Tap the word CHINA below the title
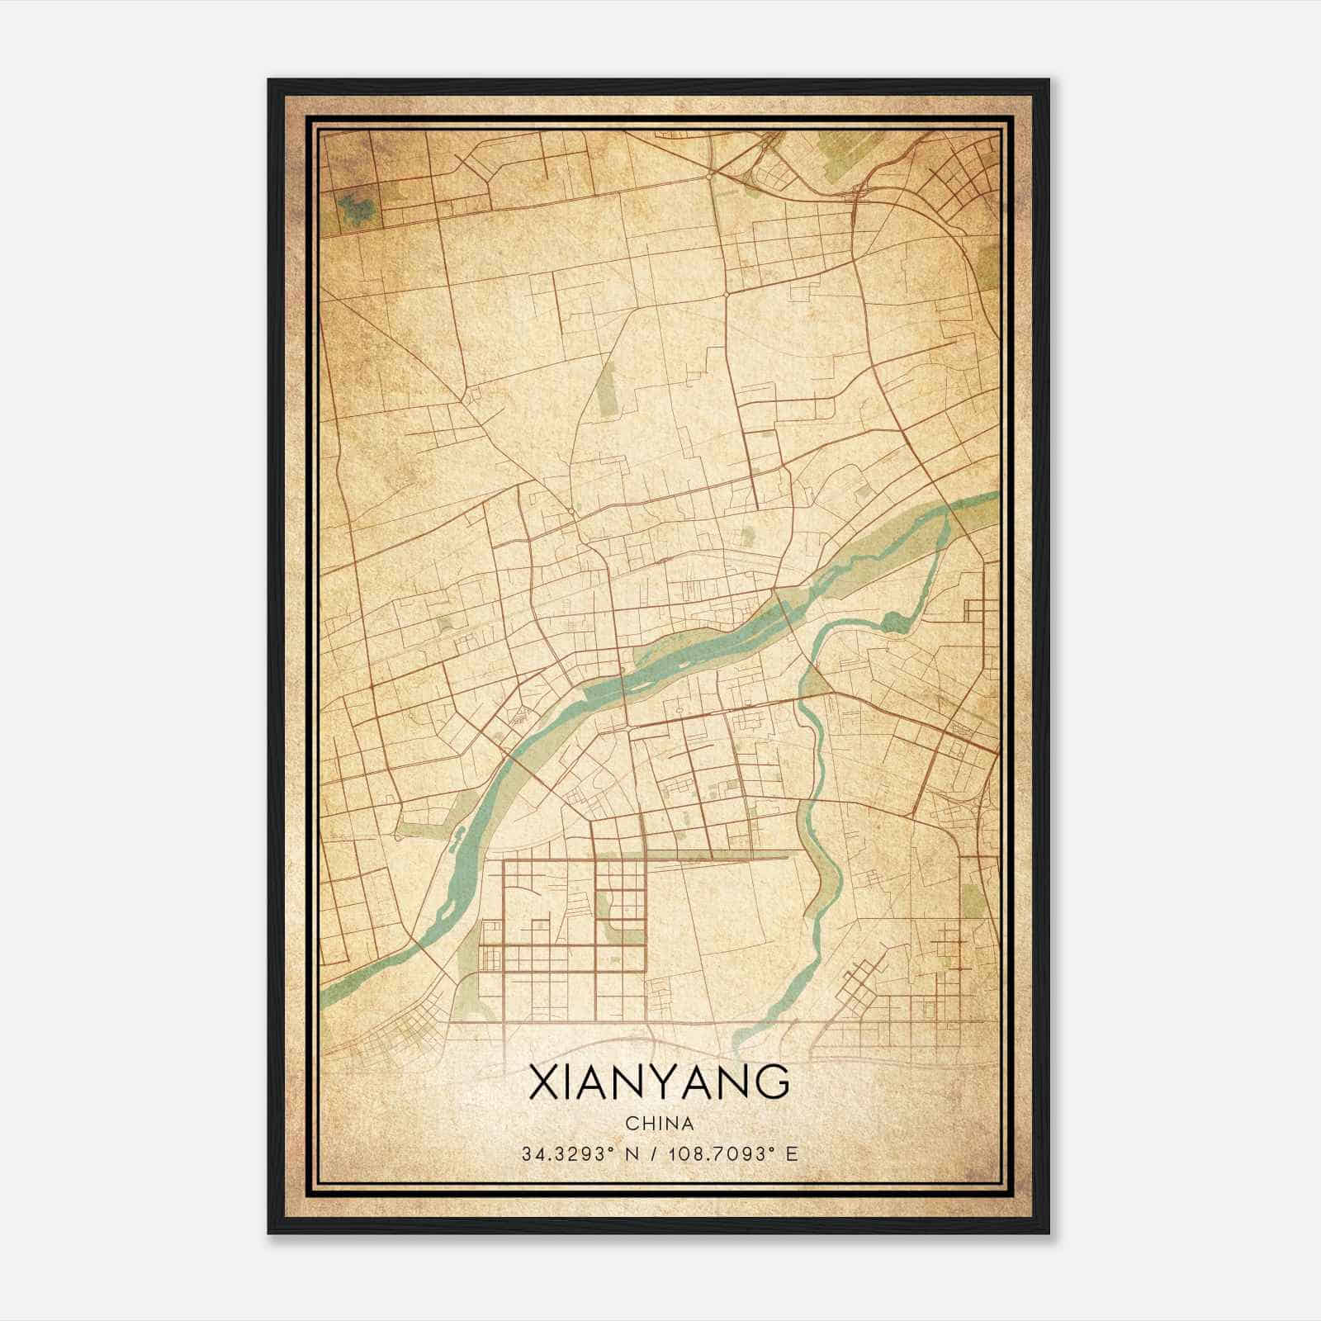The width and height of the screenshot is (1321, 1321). pyautogui.click(x=659, y=1123)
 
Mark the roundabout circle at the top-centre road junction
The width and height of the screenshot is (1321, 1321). pyautogui.click(x=709, y=176)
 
